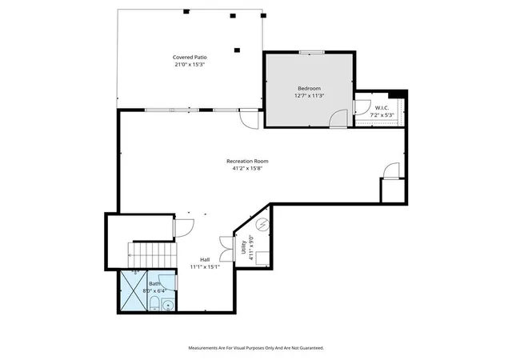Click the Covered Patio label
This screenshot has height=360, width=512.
190,57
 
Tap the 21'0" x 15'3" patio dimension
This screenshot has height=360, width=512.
190,65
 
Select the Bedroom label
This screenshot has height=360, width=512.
309,88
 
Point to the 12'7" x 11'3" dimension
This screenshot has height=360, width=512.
309,96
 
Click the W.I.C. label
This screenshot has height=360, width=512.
382,107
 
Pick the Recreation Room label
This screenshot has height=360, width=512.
247,161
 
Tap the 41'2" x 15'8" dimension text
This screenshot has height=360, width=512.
247,169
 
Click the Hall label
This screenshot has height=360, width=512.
205,260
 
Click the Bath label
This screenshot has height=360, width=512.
154,283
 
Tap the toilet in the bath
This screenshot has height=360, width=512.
154,303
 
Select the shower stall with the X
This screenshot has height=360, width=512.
134,290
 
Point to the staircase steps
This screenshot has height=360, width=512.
152,255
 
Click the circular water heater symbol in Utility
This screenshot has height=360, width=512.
262,224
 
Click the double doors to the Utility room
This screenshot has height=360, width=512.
227,249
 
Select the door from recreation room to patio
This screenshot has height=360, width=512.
249,119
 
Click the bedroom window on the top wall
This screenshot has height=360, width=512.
312,52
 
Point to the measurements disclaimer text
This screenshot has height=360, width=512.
256,348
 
